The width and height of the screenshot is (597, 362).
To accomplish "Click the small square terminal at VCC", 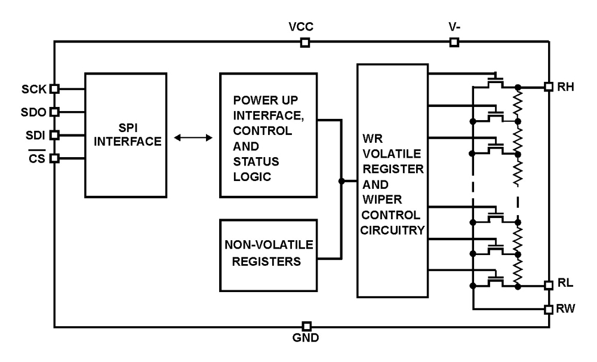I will click(304, 42).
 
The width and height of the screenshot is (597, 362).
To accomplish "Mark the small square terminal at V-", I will click(454, 42).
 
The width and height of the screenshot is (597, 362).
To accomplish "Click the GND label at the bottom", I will click(306, 338).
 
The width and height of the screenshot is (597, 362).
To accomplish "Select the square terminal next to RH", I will click(548, 87).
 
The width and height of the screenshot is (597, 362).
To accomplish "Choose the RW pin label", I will click(565, 309).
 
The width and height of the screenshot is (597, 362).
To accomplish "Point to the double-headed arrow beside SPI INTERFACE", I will click(192, 138).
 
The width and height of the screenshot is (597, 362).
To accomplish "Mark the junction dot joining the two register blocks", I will click(341, 181).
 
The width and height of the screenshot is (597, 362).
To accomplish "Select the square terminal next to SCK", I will click(54, 88).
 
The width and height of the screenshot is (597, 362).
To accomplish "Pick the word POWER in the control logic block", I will click(249, 99).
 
